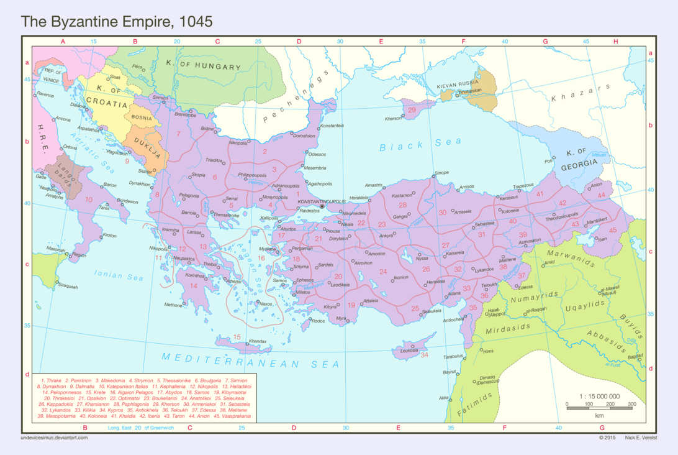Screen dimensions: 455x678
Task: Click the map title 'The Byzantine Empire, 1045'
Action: point(117,21)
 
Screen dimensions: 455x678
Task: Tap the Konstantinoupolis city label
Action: point(322,201)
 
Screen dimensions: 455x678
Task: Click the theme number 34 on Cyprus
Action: point(425,355)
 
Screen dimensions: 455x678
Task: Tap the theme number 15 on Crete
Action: point(237,337)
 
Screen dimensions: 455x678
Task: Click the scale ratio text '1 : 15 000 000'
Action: point(599,396)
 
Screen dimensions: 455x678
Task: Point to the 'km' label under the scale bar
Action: point(599,415)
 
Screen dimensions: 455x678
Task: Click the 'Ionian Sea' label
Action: point(119,274)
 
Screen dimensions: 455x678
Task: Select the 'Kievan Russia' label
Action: point(458,83)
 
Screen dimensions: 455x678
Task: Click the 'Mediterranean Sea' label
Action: point(251,361)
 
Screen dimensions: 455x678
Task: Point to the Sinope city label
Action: point(441,173)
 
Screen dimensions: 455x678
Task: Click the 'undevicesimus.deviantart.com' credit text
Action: point(54,438)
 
